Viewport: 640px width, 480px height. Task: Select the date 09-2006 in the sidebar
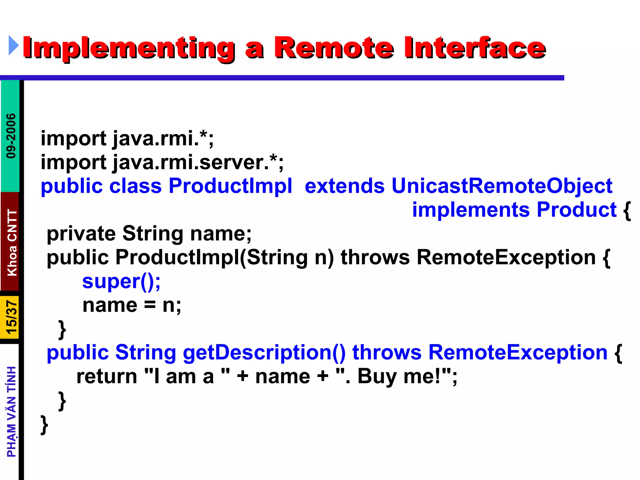(x=11, y=136)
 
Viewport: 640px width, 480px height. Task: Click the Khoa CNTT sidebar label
(x=12, y=242)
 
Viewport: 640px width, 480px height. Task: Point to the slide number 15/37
(x=11, y=317)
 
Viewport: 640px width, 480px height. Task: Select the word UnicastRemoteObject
(x=502, y=186)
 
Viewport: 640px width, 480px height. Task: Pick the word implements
(x=471, y=210)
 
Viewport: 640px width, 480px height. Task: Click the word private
(x=81, y=234)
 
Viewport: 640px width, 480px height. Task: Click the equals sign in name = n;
(x=150, y=306)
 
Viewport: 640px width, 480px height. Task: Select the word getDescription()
(x=264, y=352)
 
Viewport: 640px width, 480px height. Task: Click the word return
(x=107, y=376)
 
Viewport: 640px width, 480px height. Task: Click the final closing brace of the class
(x=44, y=425)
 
